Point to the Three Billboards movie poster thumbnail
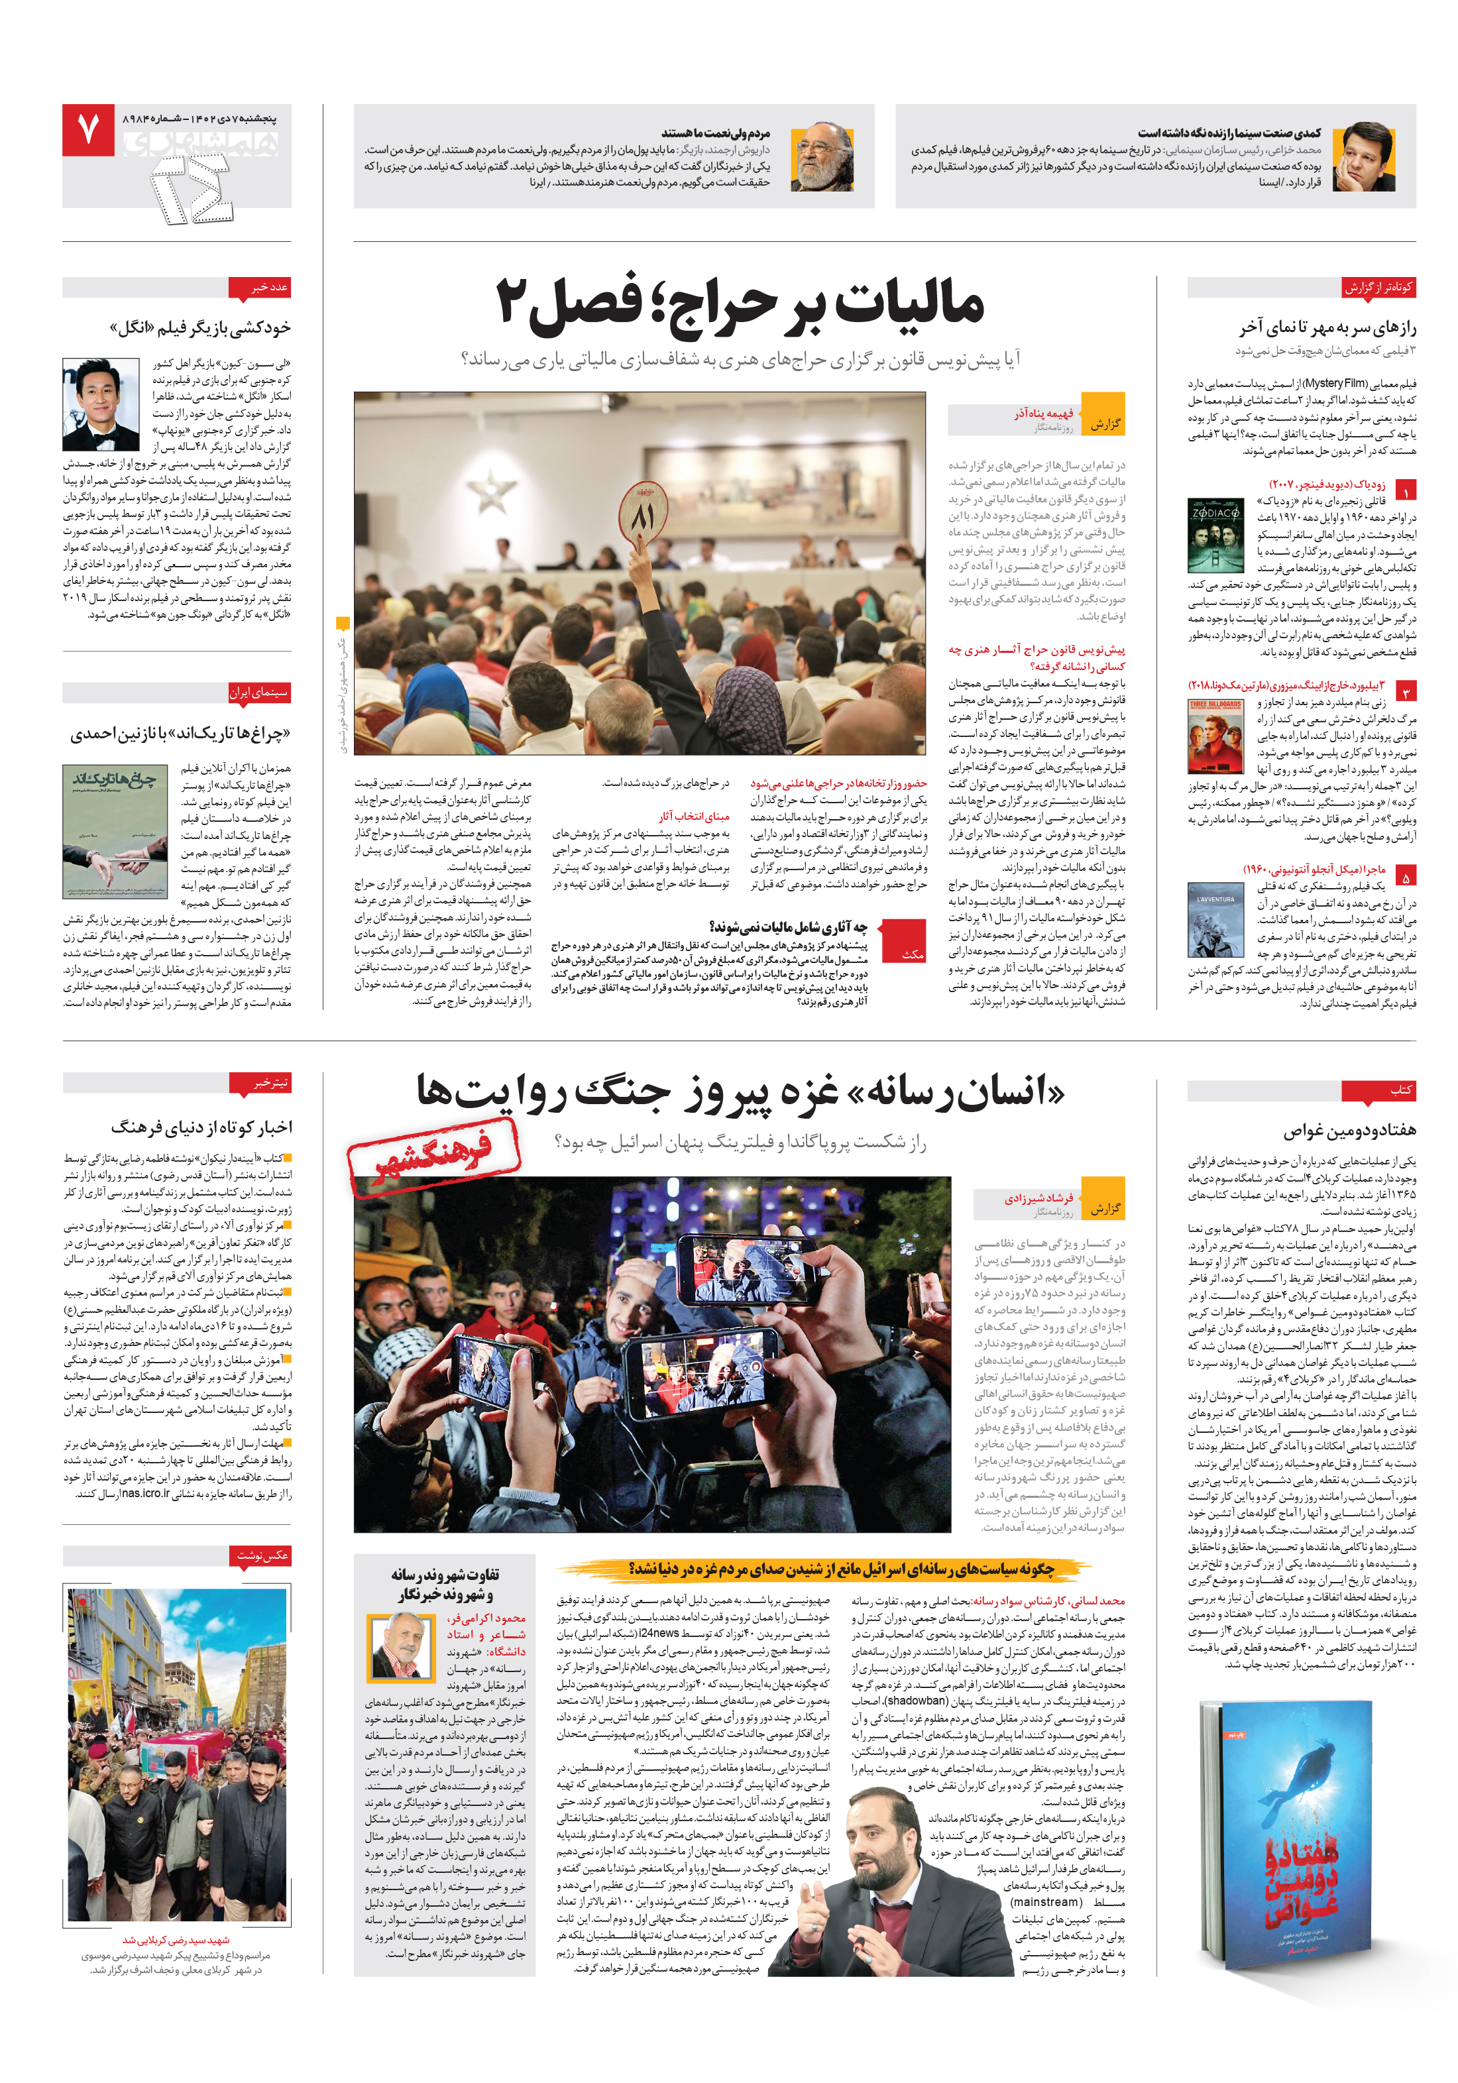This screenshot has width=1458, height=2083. coord(1215,736)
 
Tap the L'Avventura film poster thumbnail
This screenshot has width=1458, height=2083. coord(1215,919)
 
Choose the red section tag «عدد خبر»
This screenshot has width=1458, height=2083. coord(270,287)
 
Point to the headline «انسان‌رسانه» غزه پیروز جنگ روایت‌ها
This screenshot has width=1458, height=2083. coord(740,1092)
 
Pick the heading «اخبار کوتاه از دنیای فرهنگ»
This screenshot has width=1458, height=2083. coord(201,1127)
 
